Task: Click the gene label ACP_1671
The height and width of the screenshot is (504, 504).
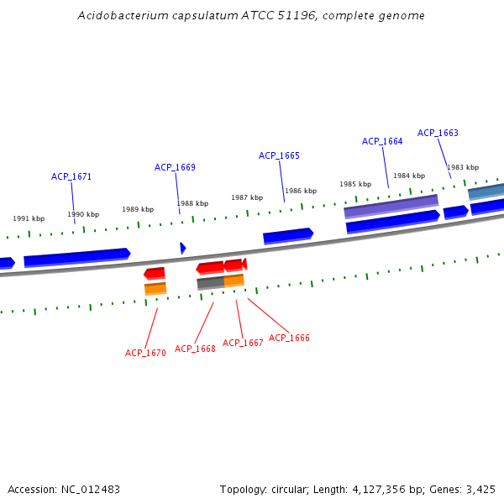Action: (x=71, y=176)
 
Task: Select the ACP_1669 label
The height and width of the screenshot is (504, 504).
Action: (x=175, y=167)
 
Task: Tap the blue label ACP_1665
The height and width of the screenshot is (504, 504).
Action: (x=279, y=155)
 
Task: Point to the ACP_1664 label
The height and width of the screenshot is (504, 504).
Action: (x=382, y=141)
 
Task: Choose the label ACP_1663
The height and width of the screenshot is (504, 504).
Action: (x=438, y=133)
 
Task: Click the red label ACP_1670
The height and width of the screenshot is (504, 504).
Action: (x=145, y=353)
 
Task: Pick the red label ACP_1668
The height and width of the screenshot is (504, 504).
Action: (x=195, y=349)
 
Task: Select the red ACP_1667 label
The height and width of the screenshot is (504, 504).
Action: (x=243, y=343)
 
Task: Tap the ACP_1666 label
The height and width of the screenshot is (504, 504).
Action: (x=289, y=338)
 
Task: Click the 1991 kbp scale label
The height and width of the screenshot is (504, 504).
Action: (x=29, y=218)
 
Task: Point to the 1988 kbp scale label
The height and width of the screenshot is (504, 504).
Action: (x=192, y=203)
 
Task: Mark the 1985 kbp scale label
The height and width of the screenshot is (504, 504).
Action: (x=355, y=184)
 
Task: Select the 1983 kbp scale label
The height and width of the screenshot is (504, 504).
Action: (x=463, y=167)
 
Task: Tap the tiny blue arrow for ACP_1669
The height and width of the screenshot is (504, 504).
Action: (x=182, y=248)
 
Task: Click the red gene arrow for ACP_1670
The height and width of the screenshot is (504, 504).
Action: (x=155, y=273)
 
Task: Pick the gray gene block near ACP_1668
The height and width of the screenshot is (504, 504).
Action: (x=210, y=283)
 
